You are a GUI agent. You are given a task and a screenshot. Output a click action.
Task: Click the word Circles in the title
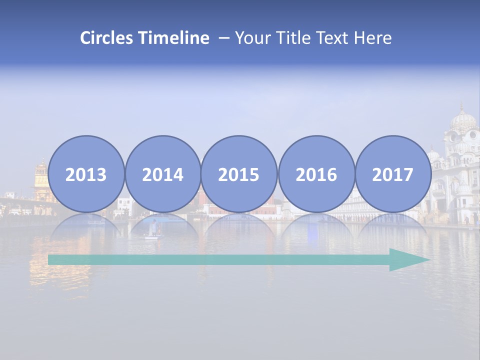click(x=107, y=38)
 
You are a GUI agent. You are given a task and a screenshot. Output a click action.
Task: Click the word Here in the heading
click(x=373, y=38)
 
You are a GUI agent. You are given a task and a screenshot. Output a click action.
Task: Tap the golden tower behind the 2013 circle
click(x=41, y=177)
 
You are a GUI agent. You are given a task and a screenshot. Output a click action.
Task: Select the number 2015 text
click(x=239, y=175)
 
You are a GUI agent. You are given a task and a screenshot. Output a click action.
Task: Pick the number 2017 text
click(x=393, y=175)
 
